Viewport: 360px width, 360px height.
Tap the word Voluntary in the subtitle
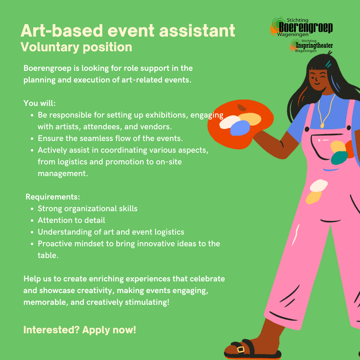click(x=50, y=47)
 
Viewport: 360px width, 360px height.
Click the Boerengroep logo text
click(x=306, y=28)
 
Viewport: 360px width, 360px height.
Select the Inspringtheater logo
click(x=311, y=46)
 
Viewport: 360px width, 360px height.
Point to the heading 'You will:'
click(x=39, y=103)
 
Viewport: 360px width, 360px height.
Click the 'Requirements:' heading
click(x=53, y=197)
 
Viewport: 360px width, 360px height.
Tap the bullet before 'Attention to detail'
click(x=32, y=220)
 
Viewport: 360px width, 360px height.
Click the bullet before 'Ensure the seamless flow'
click(x=32, y=139)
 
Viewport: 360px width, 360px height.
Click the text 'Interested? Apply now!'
click(x=80, y=330)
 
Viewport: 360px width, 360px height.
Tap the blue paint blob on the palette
click(x=240, y=128)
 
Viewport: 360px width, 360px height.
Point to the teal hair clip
click(x=328, y=64)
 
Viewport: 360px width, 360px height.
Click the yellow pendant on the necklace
click(x=322, y=125)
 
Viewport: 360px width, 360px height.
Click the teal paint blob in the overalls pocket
click(x=339, y=157)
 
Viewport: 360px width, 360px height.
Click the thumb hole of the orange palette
click(x=242, y=108)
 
